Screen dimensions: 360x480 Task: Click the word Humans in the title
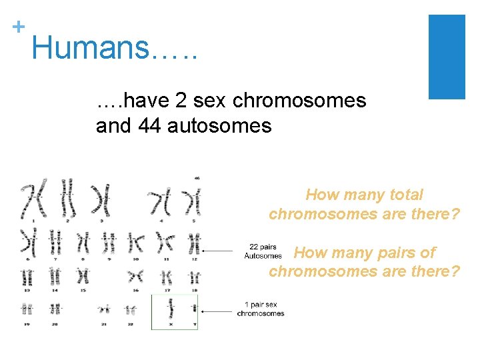click(86, 47)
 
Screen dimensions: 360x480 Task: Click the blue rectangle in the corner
click(446, 57)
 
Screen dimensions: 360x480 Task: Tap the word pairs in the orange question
click(388, 253)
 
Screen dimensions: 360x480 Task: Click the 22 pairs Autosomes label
click(263, 251)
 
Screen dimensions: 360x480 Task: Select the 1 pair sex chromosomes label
click(260, 309)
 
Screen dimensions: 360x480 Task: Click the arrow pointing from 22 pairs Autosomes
click(221, 251)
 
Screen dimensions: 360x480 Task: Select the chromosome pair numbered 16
click(136, 275)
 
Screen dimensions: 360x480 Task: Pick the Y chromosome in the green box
click(194, 309)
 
